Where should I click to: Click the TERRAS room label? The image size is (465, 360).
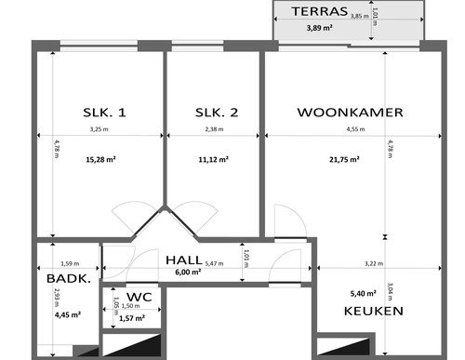[x=319, y=12]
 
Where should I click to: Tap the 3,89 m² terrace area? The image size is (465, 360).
[x=320, y=28]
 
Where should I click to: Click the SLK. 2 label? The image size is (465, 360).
[x=217, y=113]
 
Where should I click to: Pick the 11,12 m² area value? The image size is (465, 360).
[x=215, y=159]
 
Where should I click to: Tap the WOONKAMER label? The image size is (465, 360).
[x=350, y=113]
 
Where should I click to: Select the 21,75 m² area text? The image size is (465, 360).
[x=351, y=159]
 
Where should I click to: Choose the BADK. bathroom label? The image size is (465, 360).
[x=68, y=278]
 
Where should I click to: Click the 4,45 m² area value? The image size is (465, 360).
[x=69, y=314]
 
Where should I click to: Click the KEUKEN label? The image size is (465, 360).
[x=373, y=311]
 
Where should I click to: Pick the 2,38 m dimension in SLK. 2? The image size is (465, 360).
[x=215, y=129]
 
